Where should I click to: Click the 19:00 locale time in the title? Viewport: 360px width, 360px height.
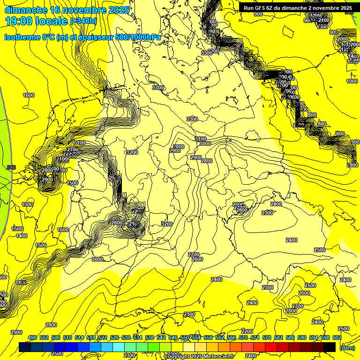click(36, 21)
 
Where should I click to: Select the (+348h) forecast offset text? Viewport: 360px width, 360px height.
click(83, 21)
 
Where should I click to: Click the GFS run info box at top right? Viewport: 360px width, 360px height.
click(297, 7)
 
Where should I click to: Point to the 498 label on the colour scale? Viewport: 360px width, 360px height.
click(32, 337)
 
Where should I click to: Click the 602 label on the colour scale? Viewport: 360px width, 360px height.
click(337, 337)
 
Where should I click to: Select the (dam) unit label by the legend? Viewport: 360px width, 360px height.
click(347, 347)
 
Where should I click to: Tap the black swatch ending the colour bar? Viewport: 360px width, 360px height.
click(330, 347)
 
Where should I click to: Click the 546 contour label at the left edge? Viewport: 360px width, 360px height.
click(12, 167)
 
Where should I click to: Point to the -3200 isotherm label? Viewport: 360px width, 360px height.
click(132, 152)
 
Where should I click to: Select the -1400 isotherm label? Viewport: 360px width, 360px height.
click(21, 236)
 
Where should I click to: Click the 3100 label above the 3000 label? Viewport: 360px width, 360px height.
click(201, 139)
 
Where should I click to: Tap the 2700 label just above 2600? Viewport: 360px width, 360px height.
click(194, 255)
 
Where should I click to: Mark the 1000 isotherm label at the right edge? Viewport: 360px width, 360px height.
click(352, 81)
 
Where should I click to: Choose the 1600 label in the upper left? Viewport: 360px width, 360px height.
click(29, 95)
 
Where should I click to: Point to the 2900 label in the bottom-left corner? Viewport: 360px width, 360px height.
click(16, 332)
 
